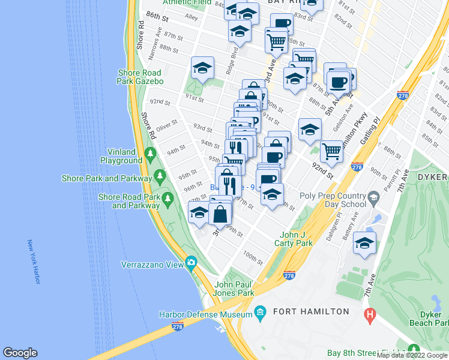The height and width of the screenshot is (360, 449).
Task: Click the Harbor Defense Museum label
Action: (x=205, y=314)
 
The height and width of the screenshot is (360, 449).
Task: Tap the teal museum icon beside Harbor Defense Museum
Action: (x=260, y=313)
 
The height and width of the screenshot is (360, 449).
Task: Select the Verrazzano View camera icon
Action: (x=191, y=262)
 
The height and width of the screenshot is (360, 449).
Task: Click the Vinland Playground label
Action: (x=120, y=156)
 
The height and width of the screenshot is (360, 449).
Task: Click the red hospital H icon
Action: (x=370, y=314)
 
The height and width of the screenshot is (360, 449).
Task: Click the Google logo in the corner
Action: (x=20, y=353)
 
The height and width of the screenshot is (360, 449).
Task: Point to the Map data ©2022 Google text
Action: (x=412, y=355)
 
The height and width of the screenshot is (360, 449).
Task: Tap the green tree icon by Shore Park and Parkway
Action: (x=160, y=176)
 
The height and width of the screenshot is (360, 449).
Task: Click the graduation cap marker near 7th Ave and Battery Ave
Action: (x=364, y=243)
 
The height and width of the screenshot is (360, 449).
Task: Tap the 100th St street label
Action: (x=253, y=258)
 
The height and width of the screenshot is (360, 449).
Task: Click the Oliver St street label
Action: (x=167, y=126)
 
